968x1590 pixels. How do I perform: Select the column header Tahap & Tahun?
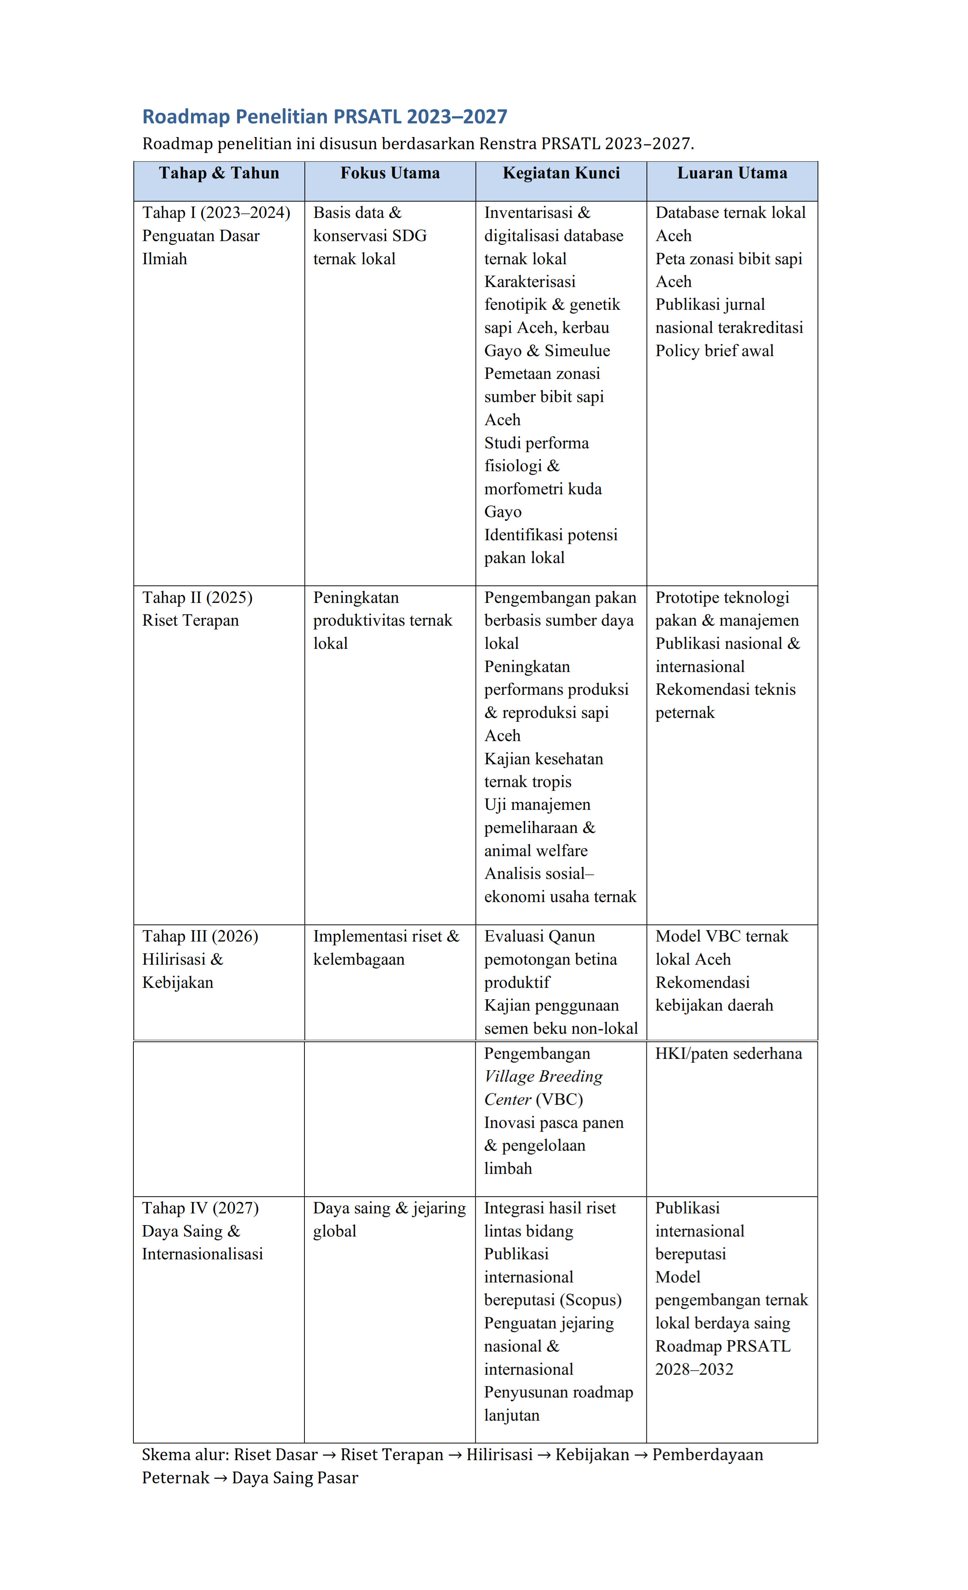click(x=219, y=173)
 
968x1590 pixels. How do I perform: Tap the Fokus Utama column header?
click(x=390, y=173)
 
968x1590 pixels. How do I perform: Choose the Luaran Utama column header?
click(x=732, y=173)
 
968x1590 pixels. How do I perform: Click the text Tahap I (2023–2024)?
click(x=216, y=213)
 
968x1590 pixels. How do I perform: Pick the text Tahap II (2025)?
click(x=197, y=598)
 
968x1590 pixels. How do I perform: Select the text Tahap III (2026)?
click(x=200, y=936)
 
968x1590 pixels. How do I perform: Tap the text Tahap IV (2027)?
click(x=200, y=1208)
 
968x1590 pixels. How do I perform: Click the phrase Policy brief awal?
click(x=714, y=351)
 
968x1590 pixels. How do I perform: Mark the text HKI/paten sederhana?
click(x=729, y=1054)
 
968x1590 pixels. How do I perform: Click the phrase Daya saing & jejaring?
click(x=390, y=1208)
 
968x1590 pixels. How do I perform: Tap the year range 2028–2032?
click(x=694, y=1369)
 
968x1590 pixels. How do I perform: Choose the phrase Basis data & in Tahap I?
click(x=357, y=213)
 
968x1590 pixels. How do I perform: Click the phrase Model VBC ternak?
click(x=721, y=936)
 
